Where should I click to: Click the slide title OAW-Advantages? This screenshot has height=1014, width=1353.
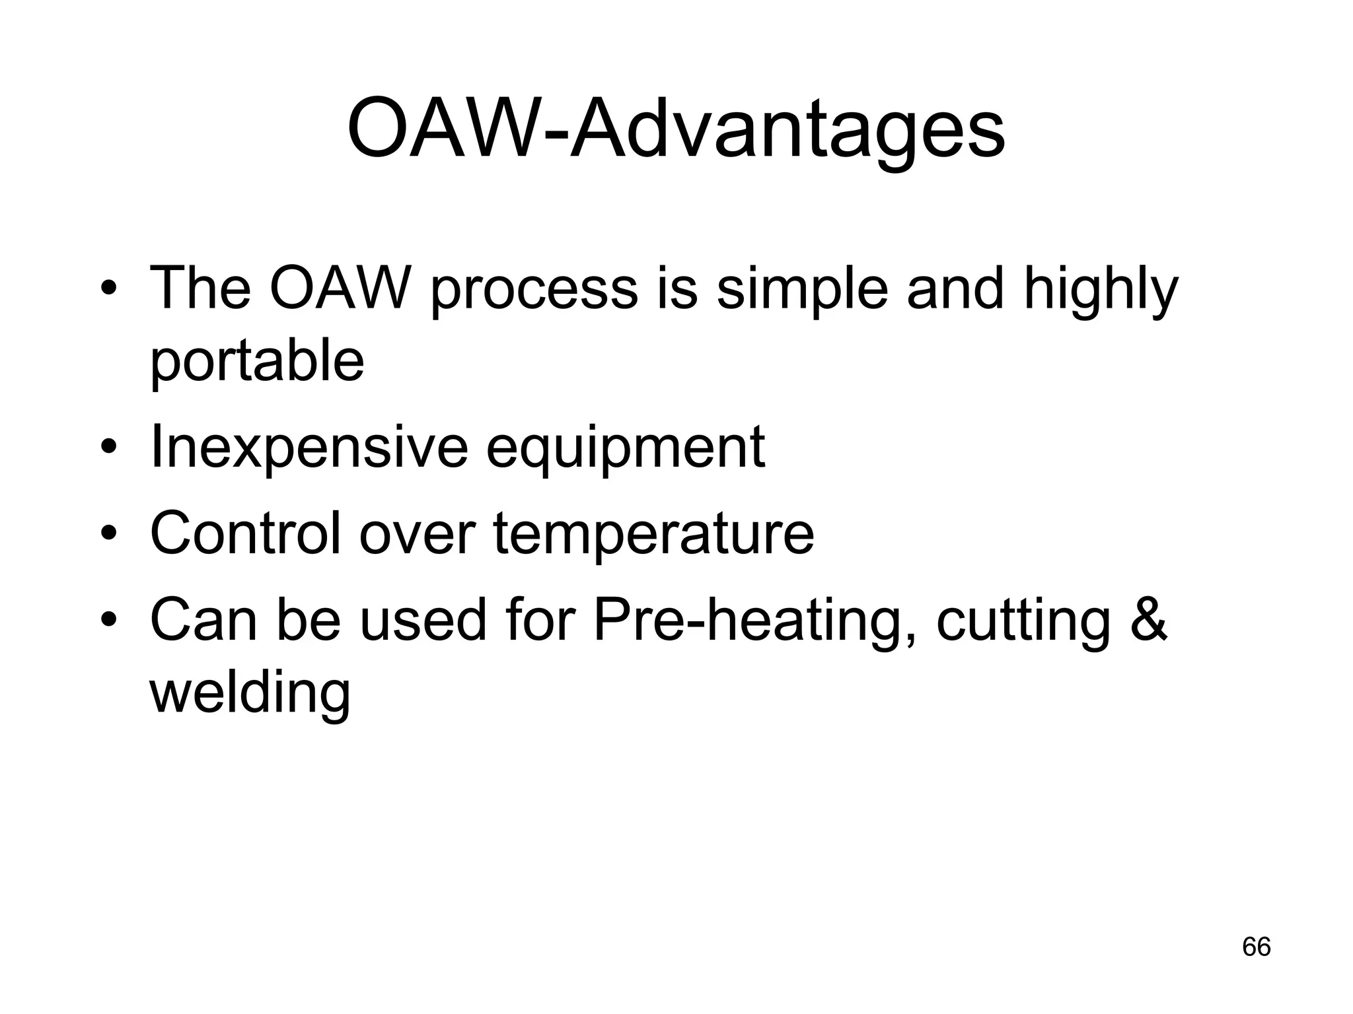676,129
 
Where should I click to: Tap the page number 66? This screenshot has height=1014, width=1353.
1256,947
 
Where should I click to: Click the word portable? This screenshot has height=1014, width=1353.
257,362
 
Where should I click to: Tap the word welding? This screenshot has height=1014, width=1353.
250,693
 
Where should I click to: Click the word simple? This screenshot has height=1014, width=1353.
802,289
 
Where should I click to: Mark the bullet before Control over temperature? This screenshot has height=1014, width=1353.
109,533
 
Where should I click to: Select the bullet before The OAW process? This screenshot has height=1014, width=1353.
109,288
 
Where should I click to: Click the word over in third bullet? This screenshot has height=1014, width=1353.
417,534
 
